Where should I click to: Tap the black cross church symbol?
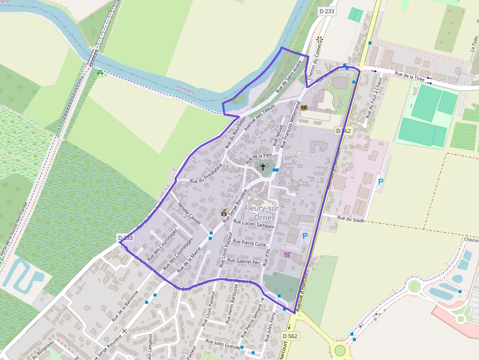(262, 167)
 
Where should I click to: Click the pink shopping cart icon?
(287, 254)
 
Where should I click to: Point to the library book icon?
(304, 107)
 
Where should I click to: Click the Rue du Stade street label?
(351, 220)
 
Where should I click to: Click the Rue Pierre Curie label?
(249, 243)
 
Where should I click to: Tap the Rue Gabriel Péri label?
(243, 262)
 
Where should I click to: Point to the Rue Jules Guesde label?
(222, 345)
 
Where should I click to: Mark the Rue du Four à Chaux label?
(373, 99)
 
